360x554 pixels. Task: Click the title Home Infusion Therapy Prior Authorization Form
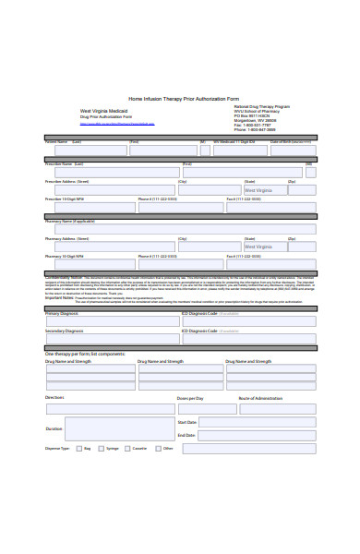tap(183, 99)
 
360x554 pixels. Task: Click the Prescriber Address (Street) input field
tap(110, 190)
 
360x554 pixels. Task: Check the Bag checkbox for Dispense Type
tap(78, 449)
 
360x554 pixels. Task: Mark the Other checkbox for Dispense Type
tap(158, 449)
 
